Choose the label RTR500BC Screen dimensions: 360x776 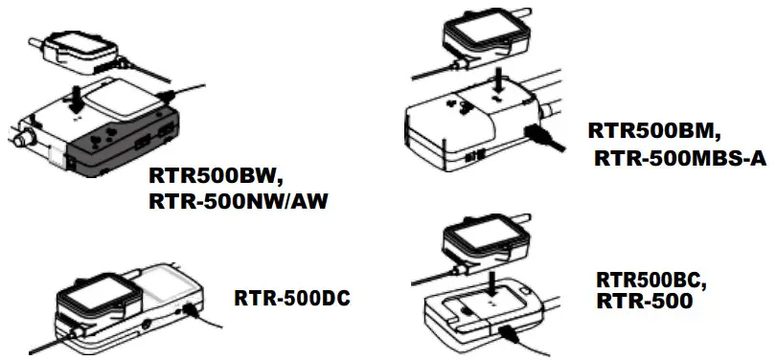[650, 281]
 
